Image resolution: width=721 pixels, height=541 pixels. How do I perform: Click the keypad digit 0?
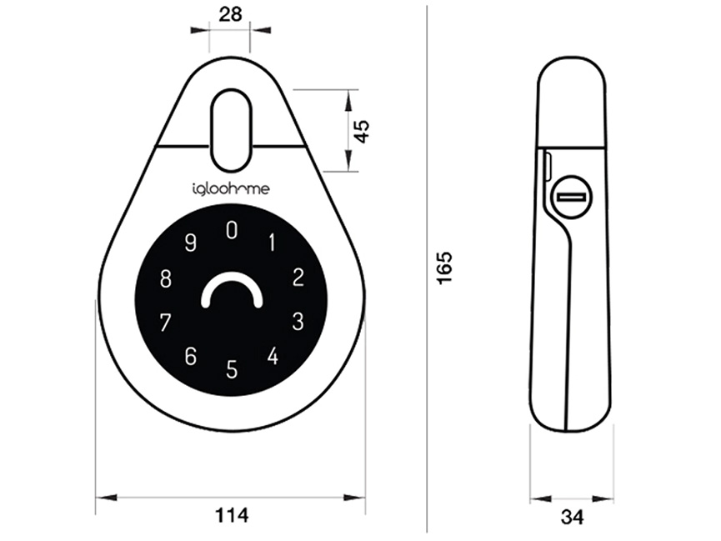(232, 231)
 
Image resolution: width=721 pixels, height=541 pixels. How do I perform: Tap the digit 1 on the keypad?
(271, 243)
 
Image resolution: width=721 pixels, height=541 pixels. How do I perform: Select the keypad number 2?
(298, 278)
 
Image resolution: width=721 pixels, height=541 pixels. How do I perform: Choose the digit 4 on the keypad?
(273, 356)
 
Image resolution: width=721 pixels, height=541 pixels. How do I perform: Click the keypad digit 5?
(232, 368)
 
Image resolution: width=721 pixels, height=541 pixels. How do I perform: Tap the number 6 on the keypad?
(191, 356)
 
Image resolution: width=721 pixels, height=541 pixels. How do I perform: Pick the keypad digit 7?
(166, 321)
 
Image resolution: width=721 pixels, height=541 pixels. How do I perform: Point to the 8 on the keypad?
(166, 278)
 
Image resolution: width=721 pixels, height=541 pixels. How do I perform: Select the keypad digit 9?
(191, 243)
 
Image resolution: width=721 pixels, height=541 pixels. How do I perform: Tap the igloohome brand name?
(225, 190)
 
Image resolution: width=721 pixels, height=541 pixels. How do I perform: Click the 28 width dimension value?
(231, 13)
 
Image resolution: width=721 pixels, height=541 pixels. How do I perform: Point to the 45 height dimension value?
(362, 131)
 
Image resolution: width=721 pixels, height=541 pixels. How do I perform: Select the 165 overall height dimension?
(444, 268)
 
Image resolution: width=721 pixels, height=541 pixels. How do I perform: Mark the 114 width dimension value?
(231, 516)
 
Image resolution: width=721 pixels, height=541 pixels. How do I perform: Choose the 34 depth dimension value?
(572, 518)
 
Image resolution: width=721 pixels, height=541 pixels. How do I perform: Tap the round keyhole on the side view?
(571, 197)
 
